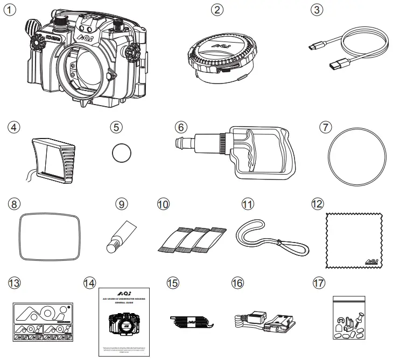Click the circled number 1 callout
tap(10, 11)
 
